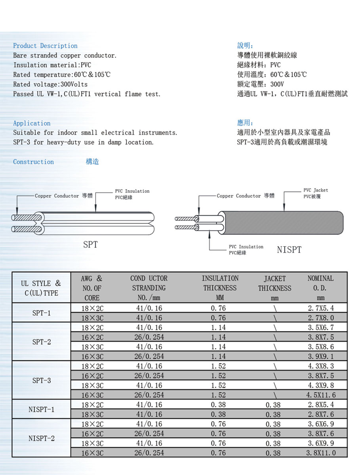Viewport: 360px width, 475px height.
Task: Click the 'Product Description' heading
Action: tap(45, 46)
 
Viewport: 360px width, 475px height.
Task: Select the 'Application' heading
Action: tap(32, 123)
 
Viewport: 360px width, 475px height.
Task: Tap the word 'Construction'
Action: tap(33, 162)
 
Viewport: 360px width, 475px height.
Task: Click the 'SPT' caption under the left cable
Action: tap(90, 245)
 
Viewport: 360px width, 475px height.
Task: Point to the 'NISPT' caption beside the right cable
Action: tap(289, 250)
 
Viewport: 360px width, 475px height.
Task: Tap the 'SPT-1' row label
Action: tap(41, 313)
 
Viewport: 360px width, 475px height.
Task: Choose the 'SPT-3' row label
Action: tap(41, 380)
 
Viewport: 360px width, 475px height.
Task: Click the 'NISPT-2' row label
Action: tap(41, 438)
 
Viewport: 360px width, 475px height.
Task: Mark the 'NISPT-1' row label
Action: tap(41, 409)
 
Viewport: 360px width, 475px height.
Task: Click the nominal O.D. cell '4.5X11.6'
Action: tap(321, 395)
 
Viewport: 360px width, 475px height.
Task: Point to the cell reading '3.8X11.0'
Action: tap(321, 453)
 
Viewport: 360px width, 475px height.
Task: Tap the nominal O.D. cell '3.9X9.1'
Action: tap(321, 356)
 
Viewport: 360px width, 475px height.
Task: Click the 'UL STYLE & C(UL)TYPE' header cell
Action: tap(41, 288)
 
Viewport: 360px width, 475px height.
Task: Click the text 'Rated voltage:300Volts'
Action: tap(50, 84)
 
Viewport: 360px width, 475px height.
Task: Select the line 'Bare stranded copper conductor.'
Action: tap(65, 55)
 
